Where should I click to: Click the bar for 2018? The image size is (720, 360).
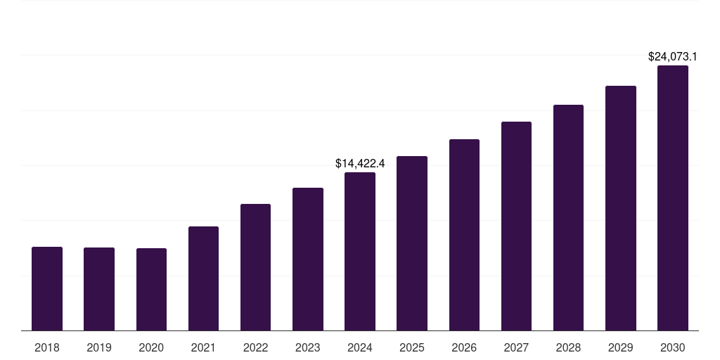click(47, 288)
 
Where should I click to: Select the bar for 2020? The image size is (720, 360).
click(151, 289)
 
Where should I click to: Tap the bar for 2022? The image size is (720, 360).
click(255, 267)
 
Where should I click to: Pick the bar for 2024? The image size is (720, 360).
click(360, 251)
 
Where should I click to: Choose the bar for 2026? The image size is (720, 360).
click(464, 235)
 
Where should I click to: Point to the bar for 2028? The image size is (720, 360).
click(568, 217)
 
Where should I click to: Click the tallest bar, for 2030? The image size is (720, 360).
click(673, 198)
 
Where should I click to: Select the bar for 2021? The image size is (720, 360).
click(203, 278)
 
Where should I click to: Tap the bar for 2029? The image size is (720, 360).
click(621, 208)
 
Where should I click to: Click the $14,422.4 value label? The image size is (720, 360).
click(360, 164)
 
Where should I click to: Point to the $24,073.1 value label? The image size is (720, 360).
click(673, 56)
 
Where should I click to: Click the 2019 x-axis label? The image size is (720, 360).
click(99, 347)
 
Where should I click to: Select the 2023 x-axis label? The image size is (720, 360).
click(308, 347)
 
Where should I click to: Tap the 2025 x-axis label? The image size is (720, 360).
click(412, 347)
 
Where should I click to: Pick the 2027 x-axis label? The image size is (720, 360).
click(516, 347)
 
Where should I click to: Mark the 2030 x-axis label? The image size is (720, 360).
click(673, 347)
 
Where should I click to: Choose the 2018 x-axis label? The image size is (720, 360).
click(47, 347)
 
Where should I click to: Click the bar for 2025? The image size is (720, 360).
click(412, 243)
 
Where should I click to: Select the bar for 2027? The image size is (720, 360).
click(516, 226)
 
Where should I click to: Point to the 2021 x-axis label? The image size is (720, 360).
click(203, 347)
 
